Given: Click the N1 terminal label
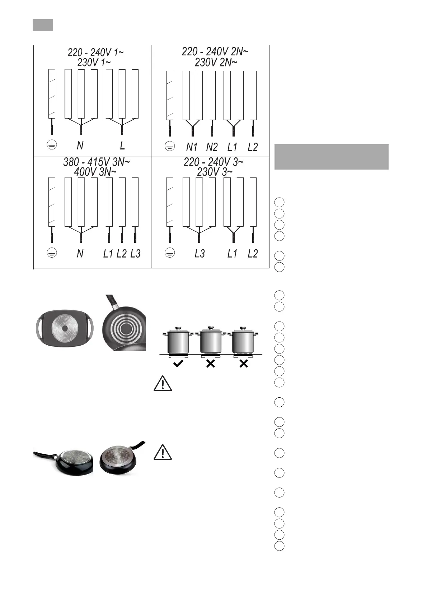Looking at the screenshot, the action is click(x=192, y=147).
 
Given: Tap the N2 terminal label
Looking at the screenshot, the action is click(x=212, y=147).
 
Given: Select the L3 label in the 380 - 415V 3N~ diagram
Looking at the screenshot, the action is click(x=135, y=254).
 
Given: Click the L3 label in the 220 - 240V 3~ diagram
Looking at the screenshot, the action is click(x=200, y=254).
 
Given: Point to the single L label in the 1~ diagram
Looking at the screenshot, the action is click(x=122, y=146).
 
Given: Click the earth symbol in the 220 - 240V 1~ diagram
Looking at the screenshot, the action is click(x=52, y=145).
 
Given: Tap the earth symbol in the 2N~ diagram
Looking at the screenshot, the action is click(x=170, y=146).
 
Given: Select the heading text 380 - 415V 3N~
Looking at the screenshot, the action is click(x=96, y=162).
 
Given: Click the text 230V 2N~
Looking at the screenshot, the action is click(x=216, y=63).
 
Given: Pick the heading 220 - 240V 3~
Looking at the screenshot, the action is click(x=213, y=162).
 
